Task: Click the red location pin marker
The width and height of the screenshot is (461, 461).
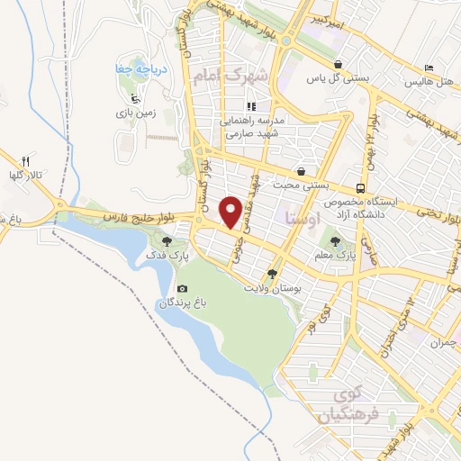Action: coord(231,212)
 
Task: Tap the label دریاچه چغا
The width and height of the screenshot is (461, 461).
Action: coord(132,69)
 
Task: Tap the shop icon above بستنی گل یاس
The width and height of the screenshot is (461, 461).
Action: coord(337,64)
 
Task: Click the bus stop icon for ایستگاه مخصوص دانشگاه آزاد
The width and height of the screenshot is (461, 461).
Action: coord(360,188)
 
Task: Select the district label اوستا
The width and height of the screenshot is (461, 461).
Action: coord(298,217)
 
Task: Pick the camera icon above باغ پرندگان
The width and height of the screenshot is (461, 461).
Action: coord(183,288)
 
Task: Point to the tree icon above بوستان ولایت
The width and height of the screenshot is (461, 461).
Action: coord(272,274)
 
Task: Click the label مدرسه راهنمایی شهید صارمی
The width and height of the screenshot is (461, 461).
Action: coord(257,126)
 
